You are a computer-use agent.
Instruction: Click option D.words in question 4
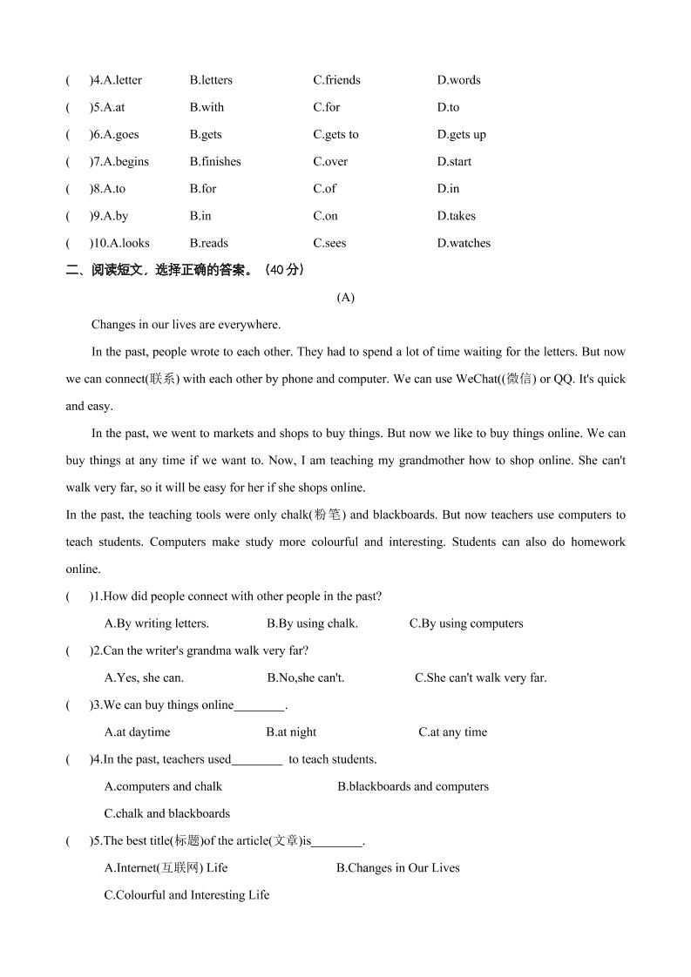[458, 80]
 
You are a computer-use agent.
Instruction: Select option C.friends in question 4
[336, 80]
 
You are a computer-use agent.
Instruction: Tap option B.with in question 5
[207, 107]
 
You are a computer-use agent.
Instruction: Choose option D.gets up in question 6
[462, 135]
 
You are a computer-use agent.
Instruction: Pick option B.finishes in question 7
[215, 162]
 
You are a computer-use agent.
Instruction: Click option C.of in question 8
[325, 189]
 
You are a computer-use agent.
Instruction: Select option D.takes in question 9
[457, 216]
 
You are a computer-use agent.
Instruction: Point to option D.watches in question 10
[464, 244]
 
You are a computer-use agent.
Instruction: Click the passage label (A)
[346, 298]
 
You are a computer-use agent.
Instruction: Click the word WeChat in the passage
[478, 380]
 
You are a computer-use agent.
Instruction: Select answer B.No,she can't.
[306, 677]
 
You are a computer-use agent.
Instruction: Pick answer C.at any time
[452, 732]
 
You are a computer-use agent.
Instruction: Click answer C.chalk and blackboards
[167, 813]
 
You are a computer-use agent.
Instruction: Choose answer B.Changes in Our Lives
[398, 868]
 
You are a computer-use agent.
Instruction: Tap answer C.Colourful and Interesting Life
[186, 895]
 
